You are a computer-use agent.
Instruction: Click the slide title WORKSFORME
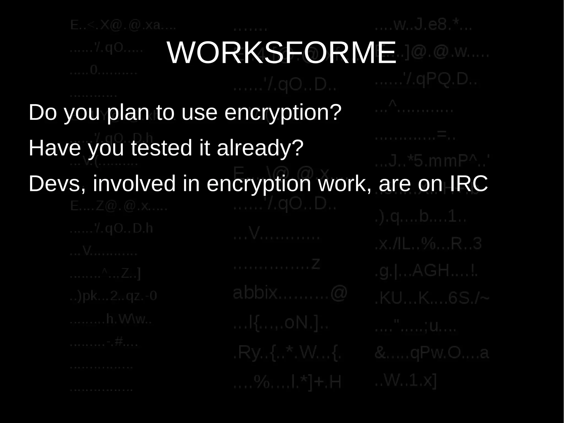coord(281,52)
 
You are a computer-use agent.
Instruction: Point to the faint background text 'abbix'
coord(255,292)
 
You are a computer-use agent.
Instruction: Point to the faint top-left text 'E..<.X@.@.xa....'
coord(123,25)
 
